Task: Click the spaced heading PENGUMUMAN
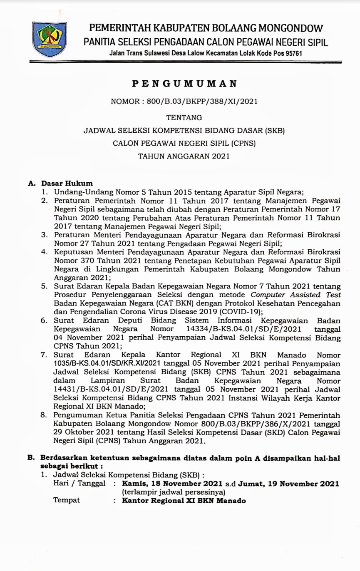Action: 184,84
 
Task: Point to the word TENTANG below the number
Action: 184,117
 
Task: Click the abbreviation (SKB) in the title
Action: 274,131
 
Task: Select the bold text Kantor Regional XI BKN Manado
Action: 184,500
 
